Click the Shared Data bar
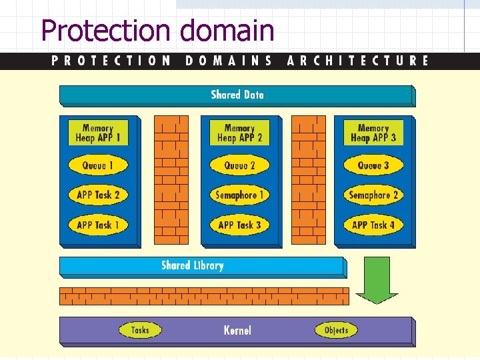[x=237, y=95]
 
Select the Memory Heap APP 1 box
[x=98, y=133]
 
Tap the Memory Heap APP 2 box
[x=239, y=133]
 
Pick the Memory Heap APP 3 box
[x=373, y=133]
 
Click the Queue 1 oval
[x=98, y=165]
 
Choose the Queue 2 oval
[x=239, y=165]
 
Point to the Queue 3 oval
[x=373, y=165]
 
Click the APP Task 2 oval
[x=98, y=195]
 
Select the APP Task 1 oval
[x=98, y=225]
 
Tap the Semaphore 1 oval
[x=239, y=195]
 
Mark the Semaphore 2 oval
[x=373, y=195]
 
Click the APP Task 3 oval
[x=239, y=225]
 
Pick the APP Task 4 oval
[x=373, y=225]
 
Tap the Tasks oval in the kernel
[x=140, y=330]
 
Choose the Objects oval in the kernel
[x=336, y=330]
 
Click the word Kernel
[x=237, y=330]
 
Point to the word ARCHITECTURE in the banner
[x=358, y=61]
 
